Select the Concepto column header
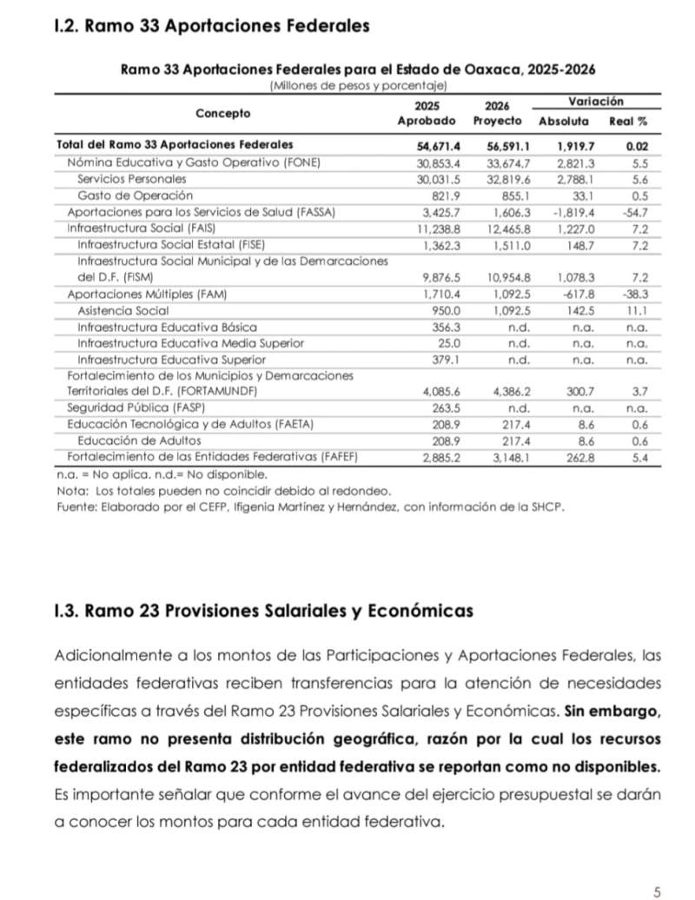tap(222, 113)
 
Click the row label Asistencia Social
tap(123, 310)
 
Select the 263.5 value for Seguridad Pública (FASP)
tap(445, 407)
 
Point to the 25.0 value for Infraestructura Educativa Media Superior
tap(448, 343)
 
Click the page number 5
tap(658, 890)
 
